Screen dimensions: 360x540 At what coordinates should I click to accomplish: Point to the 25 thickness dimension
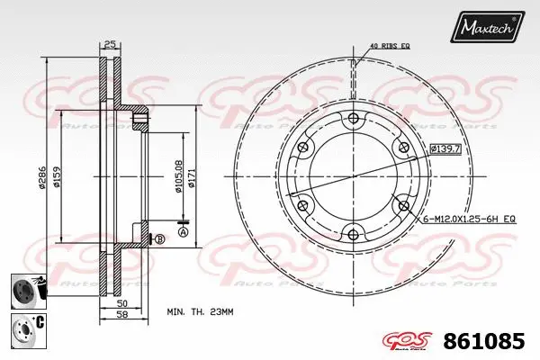click(x=110, y=44)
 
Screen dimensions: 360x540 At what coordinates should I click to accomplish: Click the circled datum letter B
click(x=159, y=238)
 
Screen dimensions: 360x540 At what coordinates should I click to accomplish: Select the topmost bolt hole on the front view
click(x=352, y=121)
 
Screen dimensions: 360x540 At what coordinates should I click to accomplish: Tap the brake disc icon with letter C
click(x=24, y=328)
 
